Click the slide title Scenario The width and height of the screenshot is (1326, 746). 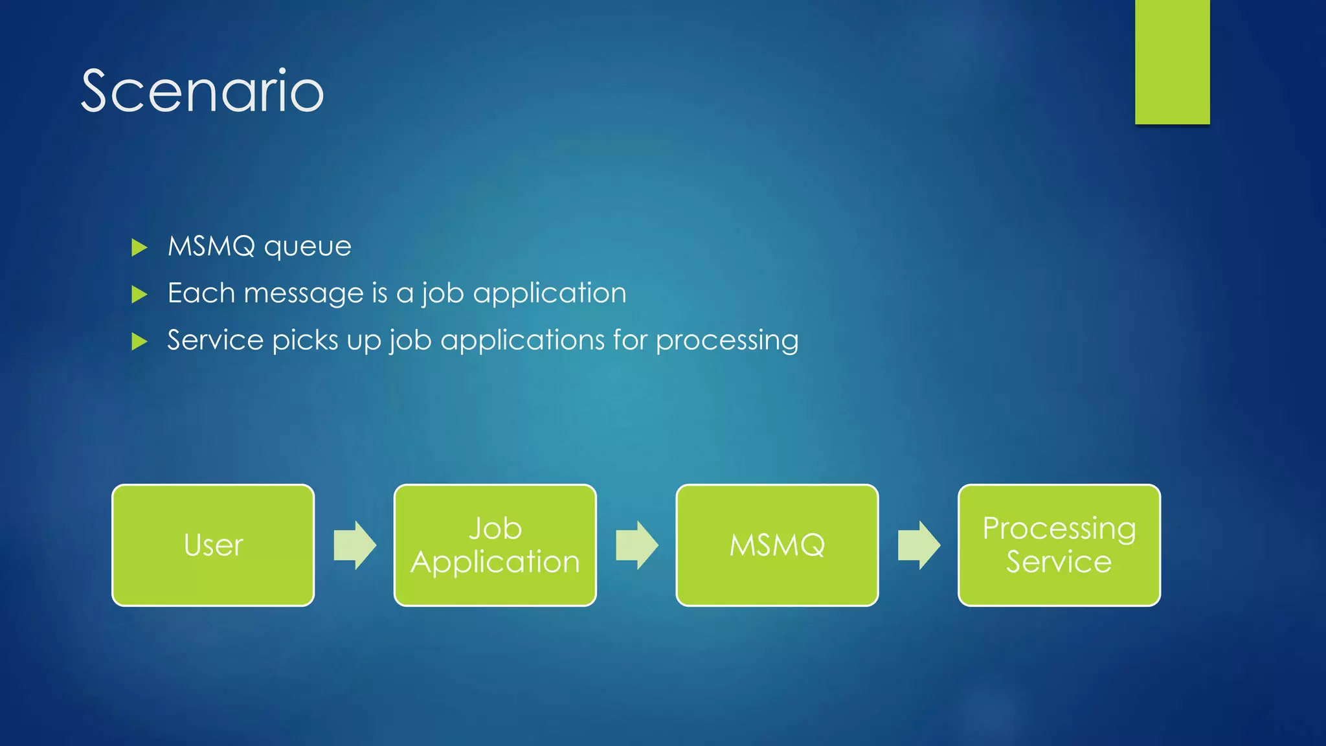202,91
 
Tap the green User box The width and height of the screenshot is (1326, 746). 213,545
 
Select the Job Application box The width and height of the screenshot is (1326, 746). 495,545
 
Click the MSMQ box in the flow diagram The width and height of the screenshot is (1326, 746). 777,545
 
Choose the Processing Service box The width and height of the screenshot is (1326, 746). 1059,545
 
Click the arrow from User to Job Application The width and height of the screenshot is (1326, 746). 355,545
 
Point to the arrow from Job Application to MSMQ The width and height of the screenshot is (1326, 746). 636,545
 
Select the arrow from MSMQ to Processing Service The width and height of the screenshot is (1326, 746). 919,545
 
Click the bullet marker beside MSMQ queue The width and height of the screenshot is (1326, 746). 139,247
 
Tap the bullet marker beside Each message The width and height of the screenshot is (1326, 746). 139,295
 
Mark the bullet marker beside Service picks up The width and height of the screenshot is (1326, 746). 139,341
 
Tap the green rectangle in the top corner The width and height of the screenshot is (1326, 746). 1172,62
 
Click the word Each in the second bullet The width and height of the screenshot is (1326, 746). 201,293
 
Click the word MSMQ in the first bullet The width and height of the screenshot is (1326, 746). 212,247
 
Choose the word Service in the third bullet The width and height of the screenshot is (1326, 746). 216,341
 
